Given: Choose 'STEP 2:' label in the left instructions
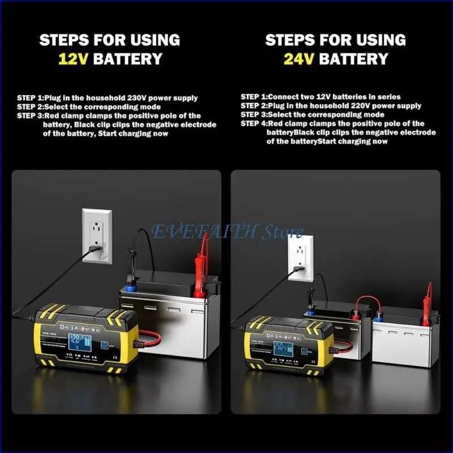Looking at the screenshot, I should tap(30, 106).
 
